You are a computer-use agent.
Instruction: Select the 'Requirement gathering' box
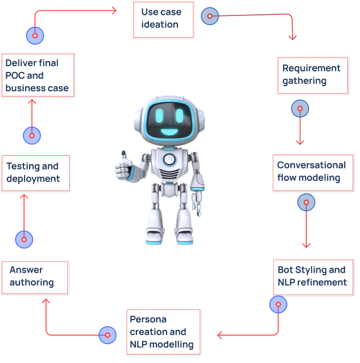pos(312,75)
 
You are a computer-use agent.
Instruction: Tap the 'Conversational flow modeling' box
pos(312,172)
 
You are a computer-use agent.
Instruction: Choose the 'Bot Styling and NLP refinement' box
pos(312,277)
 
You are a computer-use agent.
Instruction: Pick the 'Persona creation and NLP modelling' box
pos(164,332)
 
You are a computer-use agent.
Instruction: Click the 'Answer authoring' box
pos(35,277)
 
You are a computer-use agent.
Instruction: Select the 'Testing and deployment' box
pos(35,172)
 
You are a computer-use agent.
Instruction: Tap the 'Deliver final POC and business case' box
pos(38,76)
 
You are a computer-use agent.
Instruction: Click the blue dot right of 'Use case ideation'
pos(209,16)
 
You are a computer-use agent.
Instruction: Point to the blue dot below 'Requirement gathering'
pos(300,108)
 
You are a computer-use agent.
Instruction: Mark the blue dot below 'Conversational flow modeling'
pos(306,202)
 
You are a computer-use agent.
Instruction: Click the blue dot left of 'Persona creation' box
pos(107,335)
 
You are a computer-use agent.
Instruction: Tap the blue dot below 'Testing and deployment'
pos(24,240)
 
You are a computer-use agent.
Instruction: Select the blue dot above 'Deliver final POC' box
pos(35,35)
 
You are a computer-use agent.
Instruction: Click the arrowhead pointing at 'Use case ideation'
pos(114,10)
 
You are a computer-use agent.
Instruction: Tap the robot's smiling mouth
pos(169,132)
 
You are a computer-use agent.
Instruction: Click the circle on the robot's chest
pos(169,159)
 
